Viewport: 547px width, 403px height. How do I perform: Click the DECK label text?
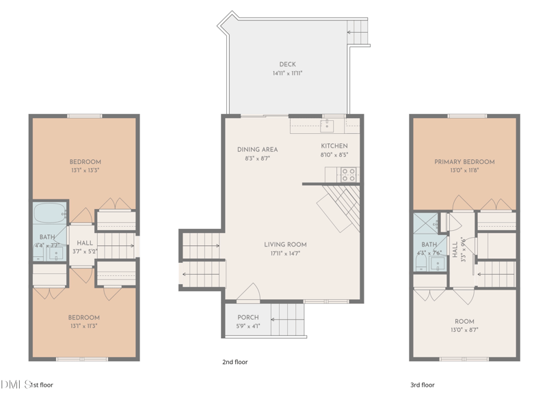point(287,64)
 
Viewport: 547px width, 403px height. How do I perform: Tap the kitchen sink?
point(328,125)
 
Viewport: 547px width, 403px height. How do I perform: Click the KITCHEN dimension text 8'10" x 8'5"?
point(334,155)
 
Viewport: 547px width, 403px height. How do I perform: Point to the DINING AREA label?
point(257,150)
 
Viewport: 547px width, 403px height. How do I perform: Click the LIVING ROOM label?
point(285,245)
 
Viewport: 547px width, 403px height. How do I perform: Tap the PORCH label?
point(248,318)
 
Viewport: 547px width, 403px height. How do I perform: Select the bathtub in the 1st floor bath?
point(49,212)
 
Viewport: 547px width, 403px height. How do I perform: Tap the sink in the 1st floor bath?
point(56,254)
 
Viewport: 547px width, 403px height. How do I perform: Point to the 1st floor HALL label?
point(85,243)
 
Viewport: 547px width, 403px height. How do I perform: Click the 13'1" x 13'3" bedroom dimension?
point(85,170)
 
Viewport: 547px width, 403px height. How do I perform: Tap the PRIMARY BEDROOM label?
point(464,162)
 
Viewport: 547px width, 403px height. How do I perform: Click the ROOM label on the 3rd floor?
point(464,321)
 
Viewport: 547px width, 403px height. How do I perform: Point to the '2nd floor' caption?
point(235,362)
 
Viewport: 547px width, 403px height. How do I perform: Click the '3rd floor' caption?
point(422,385)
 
